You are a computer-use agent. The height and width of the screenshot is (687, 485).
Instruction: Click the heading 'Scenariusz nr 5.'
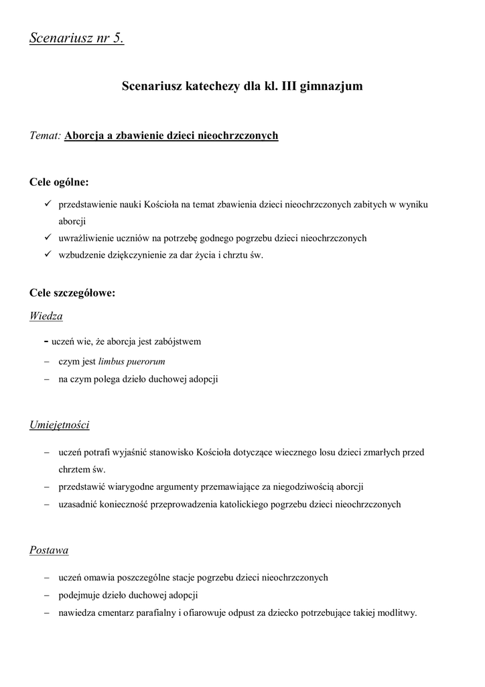point(77,38)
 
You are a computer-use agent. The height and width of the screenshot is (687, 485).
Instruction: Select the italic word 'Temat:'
point(46,136)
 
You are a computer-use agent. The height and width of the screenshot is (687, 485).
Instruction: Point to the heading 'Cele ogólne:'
point(59,182)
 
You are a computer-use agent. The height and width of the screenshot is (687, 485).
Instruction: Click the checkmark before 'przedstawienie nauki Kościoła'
point(48,204)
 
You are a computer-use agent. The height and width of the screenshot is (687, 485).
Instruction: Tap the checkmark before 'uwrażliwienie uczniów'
point(48,237)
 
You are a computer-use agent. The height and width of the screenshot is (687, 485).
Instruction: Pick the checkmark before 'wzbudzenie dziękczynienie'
point(48,254)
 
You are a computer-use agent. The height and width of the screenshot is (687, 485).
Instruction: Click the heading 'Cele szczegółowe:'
point(72,293)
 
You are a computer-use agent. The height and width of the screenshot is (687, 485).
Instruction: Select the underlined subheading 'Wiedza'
point(46,315)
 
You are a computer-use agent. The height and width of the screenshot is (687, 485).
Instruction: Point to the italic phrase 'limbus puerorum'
point(131,361)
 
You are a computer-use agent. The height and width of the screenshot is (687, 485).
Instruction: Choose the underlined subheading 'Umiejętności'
point(60,425)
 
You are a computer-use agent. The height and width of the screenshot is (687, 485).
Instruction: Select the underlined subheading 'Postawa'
point(49,550)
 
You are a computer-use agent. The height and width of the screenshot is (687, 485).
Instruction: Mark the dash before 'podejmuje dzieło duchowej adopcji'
point(47,595)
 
